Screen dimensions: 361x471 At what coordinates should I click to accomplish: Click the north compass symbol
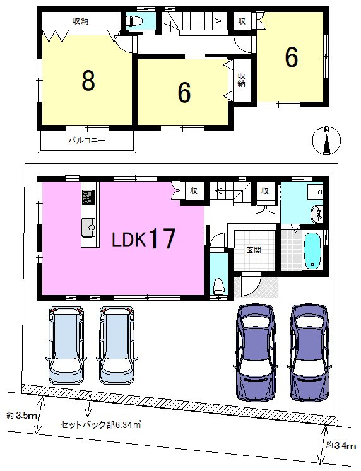326,141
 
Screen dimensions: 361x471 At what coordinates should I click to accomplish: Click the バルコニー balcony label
87,140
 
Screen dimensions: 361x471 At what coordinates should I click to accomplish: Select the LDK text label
129,240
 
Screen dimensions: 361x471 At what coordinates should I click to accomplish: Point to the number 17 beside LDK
162,238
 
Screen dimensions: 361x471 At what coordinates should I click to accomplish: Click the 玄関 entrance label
253,250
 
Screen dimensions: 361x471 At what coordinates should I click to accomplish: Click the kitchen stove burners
88,197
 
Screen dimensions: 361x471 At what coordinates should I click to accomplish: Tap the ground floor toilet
218,286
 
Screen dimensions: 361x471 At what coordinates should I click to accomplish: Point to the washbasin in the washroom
316,213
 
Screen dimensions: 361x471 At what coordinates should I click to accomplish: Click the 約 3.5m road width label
21,416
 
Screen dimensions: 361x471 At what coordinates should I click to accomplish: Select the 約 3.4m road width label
341,445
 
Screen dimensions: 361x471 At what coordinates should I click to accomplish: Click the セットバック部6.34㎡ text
101,425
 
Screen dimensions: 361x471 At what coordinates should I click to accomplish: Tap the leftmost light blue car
66,346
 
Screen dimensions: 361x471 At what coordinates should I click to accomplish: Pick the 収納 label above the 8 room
80,21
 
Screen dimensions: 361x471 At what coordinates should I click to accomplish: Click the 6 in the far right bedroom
292,57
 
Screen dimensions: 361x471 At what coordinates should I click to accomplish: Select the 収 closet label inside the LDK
194,190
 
